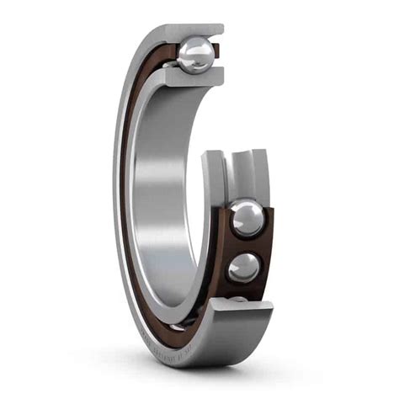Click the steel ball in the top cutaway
click(195, 56)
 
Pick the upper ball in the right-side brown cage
click(247, 219)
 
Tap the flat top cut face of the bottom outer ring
click(244, 309)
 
